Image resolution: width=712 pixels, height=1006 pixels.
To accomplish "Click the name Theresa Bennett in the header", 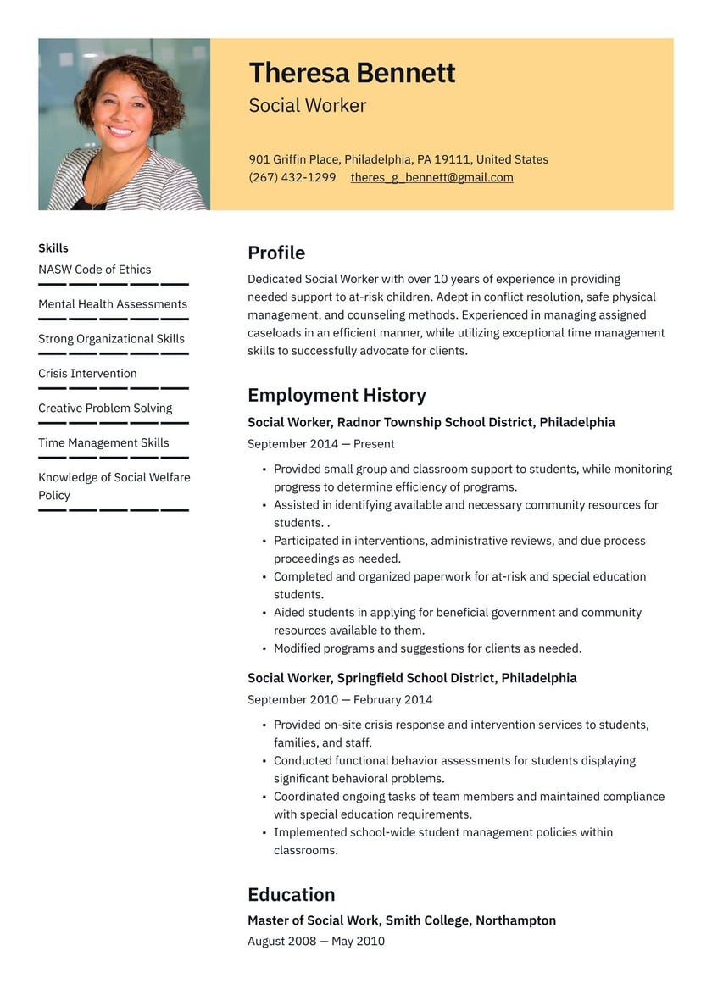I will tap(352, 73).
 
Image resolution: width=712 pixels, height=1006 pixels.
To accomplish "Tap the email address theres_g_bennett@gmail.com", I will tap(431, 177).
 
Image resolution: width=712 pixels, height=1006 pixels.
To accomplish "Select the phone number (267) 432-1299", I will tap(292, 177).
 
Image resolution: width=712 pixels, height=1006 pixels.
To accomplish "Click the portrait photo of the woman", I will tap(124, 124).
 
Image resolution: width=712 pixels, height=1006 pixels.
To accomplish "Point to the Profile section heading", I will tap(275, 253).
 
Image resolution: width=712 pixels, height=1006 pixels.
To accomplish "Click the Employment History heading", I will tap(337, 395).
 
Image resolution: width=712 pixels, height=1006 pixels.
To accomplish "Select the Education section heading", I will tap(291, 894).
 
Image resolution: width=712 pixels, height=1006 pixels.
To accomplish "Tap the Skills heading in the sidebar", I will tap(53, 248).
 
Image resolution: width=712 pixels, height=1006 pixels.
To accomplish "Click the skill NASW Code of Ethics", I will tap(94, 270).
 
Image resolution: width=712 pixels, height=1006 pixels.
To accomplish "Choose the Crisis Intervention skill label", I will tap(87, 373).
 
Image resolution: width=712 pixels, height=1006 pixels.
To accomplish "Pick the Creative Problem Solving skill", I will tap(105, 408).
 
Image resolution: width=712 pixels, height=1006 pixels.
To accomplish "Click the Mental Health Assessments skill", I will tap(113, 304).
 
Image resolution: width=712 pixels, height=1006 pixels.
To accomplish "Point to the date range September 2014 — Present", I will tap(320, 443).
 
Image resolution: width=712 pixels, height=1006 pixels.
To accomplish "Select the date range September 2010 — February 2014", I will tap(340, 699).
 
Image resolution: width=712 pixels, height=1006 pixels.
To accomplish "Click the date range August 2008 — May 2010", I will tap(316, 941).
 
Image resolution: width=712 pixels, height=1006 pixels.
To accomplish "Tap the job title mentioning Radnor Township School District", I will tap(431, 422).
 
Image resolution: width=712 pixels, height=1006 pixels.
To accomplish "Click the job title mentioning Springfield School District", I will tap(412, 678).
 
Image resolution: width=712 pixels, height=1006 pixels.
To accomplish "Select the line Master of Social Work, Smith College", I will tap(402, 920).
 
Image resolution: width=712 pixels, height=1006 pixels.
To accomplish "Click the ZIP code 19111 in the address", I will tap(455, 159).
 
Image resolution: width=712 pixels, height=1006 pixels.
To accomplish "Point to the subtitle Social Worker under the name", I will tap(308, 106).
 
